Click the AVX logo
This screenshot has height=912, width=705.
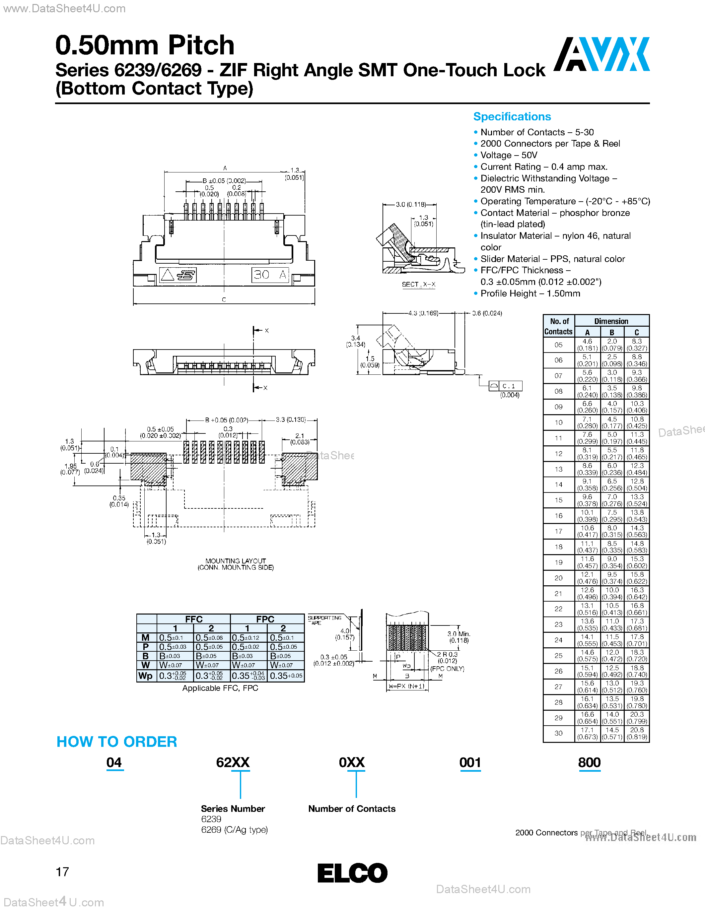pyautogui.click(x=601, y=54)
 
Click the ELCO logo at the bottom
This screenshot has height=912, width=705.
pyautogui.click(x=352, y=873)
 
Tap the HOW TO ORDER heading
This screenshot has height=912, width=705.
pyautogui.click(x=116, y=742)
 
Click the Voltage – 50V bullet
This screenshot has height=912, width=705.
pyautogui.click(x=508, y=155)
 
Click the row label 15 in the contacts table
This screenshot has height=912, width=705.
pyautogui.click(x=558, y=500)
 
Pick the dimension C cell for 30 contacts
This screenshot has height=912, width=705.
pyautogui.click(x=637, y=733)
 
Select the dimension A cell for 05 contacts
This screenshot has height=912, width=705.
pyautogui.click(x=587, y=345)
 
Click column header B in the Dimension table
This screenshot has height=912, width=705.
pyautogui.click(x=612, y=332)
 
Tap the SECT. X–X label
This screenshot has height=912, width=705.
pyautogui.click(x=418, y=284)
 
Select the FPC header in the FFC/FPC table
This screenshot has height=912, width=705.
pyautogui.click(x=265, y=619)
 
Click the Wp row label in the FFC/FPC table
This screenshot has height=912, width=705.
pyautogui.click(x=145, y=676)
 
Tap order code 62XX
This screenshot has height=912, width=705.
pyautogui.click(x=233, y=762)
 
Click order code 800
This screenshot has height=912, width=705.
pyautogui.click(x=589, y=762)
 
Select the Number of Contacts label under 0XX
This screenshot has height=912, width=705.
pyautogui.click(x=352, y=809)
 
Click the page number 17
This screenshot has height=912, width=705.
pyautogui.click(x=62, y=872)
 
